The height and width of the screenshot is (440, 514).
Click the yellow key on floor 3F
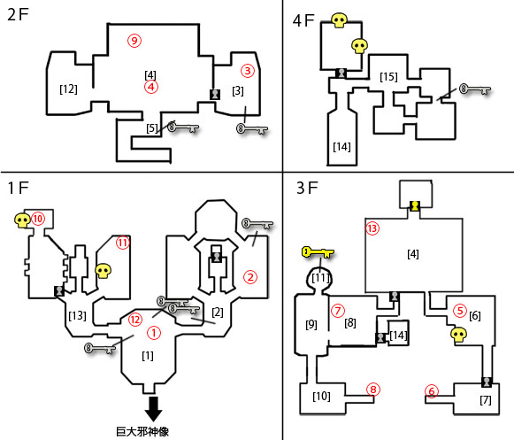tap(318, 252)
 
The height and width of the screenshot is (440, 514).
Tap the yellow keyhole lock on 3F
tap(415, 206)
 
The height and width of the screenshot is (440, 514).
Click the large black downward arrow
tap(153, 409)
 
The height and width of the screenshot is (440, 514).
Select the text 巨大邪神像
tap(142, 431)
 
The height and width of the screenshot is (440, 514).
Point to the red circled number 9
tap(134, 41)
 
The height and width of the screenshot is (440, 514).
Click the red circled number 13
tap(372, 228)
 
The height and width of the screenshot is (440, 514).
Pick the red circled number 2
tap(250, 277)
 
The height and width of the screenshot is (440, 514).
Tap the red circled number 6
tap(432, 391)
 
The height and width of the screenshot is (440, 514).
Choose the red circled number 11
tap(123, 243)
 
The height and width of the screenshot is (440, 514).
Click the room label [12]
tap(68, 89)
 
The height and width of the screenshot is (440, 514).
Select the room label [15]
tap(388, 77)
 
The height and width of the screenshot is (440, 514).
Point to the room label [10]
tap(321, 397)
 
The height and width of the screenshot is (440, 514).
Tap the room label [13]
tap(77, 316)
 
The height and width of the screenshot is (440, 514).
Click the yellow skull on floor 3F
tap(459, 335)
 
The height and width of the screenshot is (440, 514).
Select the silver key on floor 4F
tap(475, 89)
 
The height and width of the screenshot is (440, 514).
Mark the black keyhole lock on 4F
tap(341, 73)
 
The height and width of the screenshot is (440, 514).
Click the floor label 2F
tap(18, 15)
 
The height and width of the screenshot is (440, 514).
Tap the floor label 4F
tap(303, 20)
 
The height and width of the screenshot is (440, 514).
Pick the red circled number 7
tap(338, 311)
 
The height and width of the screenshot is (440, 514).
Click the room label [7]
tap(486, 400)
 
